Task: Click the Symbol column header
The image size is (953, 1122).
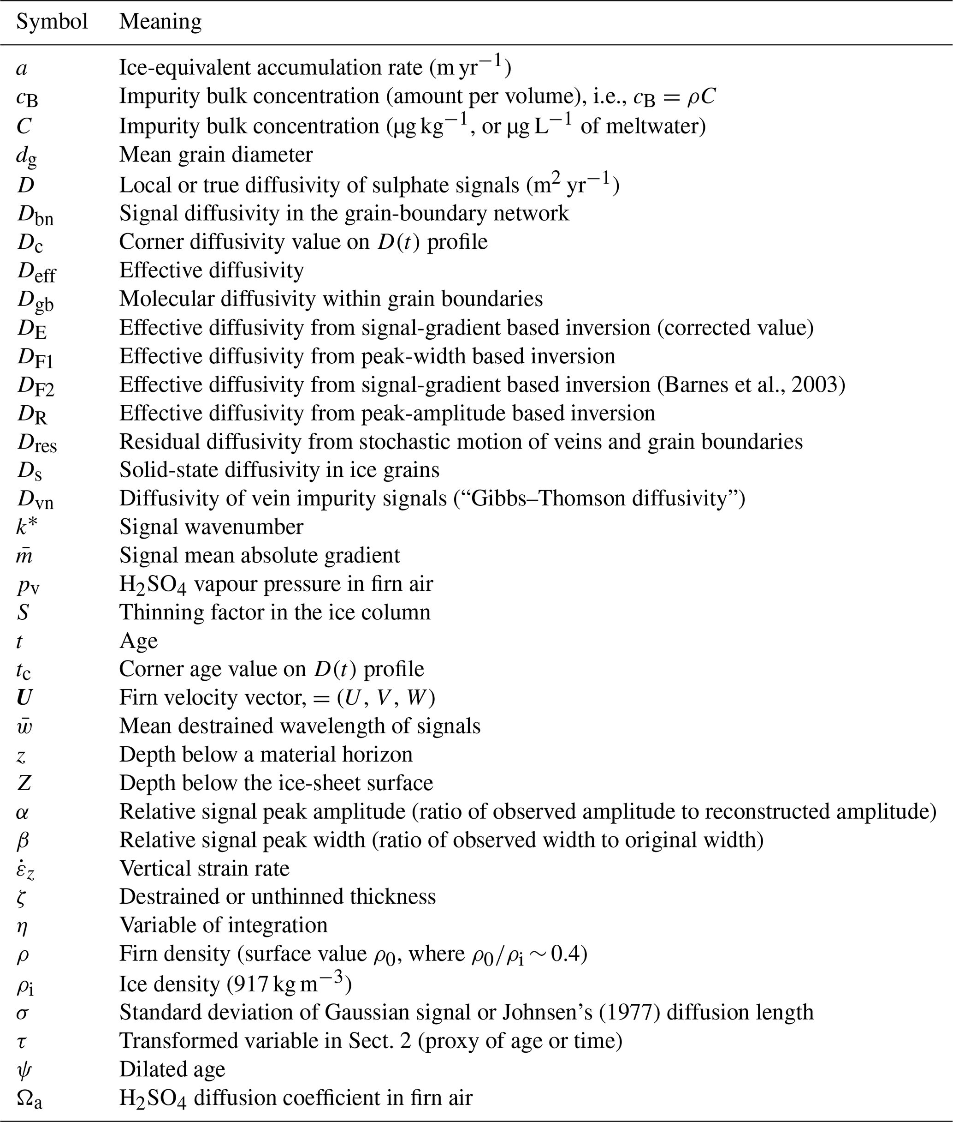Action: (52, 22)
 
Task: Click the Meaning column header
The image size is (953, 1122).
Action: (160, 22)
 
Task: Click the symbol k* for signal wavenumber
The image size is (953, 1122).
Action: (27, 527)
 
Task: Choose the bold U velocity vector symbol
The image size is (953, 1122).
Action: (24, 697)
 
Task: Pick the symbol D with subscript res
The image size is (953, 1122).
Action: (37, 442)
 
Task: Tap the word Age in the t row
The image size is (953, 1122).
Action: (138, 641)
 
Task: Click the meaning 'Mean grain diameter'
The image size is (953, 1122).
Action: (216, 155)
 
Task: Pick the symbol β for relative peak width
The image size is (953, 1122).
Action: (23, 840)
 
